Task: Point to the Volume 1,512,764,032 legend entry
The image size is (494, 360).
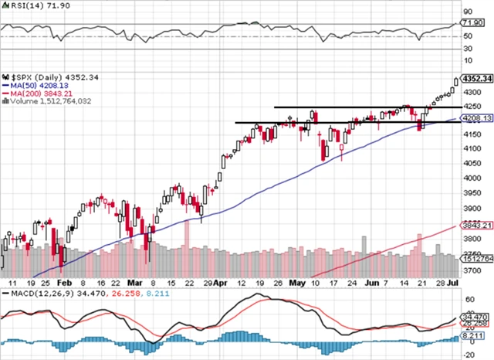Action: [x=52, y=101]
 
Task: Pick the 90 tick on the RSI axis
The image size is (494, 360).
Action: [x=467, y=12]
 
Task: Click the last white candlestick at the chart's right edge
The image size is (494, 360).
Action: [x=457, y=80]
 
